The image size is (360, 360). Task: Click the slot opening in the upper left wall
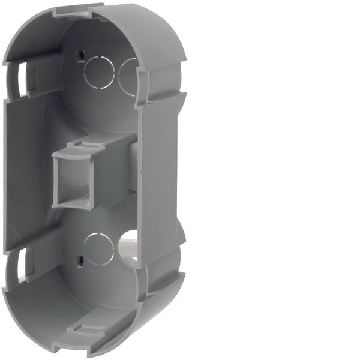[x=22, y=77]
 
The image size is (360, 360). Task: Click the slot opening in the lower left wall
[x=23, y=265]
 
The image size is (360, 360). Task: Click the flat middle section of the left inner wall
[x=27, y=171]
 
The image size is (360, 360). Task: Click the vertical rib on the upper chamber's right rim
[x=142, y=84]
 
